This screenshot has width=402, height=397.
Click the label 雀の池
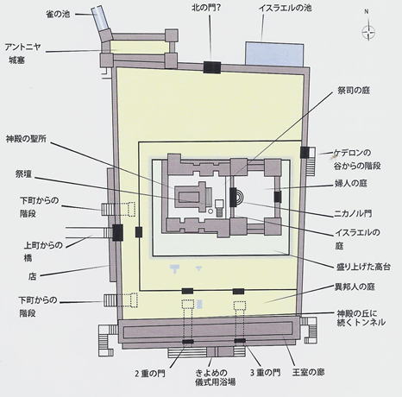[x=58, y=14]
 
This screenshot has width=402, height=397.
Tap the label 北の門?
[x=206, y=8]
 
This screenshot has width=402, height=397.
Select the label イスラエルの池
[x=285, y=8]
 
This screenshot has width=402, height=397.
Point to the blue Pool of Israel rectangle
[x=274, y=54]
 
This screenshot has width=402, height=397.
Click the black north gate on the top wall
[x=212, y=67]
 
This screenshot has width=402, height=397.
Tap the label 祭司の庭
[x=354, y=91]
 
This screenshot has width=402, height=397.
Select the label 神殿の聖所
[x=26, y=139]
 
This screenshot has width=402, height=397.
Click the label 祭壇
[x=23, y=174]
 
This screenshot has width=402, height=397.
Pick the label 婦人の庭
[x=350, y=183]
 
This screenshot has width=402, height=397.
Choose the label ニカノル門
[x=353, y=213]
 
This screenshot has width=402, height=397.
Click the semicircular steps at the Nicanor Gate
[x=240, y=197]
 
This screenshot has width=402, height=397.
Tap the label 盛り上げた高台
[x=363, y=267]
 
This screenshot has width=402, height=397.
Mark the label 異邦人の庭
[x=355, y=287]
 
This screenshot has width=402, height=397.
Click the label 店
[x=32, y=276]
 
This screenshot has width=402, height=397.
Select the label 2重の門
[x=150, y=374]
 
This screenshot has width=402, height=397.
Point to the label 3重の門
[x=265, y=373]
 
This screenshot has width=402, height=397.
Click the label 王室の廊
[x=308, y=372]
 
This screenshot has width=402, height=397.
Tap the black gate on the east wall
[x=305, y=153]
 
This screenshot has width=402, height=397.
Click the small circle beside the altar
[x=210, y=211]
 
